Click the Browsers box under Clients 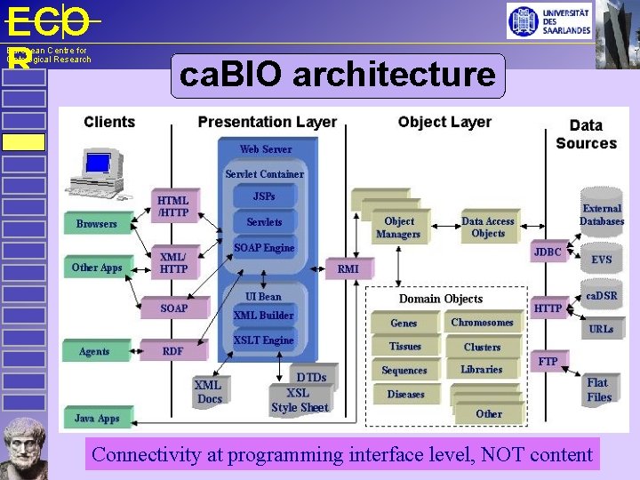click(x=97, y=224)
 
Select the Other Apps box click(x=97, y=268)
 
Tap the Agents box click(x=94, y=351)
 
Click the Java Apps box click(x=97, y=418)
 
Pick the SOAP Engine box click(x=264, y=248)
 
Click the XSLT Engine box click(x=263, y=340)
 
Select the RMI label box click(x=348, y=268)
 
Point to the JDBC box click(x=548, y=252)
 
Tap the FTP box click(x=548, y=362)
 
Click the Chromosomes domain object click(x=482, y=323)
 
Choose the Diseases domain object click(x=405, y=394)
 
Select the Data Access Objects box click(x=488, y=228)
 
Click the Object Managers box click(x=398, y=228)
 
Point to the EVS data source click(x=602, y=260)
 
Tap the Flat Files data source click(x=599, y=390)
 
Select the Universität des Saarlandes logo click(x=549, y=20)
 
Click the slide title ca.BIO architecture click(x=338, y=76)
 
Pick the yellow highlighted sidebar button click(x=23, y=142)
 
